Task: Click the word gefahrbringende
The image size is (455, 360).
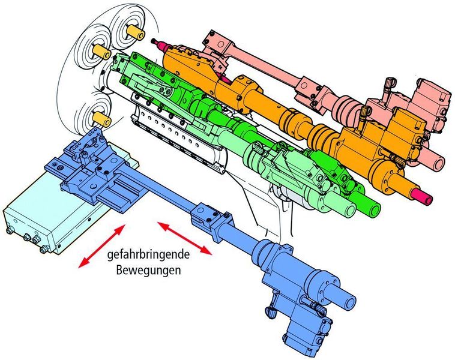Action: coord(149,255)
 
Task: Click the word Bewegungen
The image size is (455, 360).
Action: coord(149,270)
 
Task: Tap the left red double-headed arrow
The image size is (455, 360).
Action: coord(102,246)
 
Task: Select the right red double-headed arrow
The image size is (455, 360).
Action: coord(184,238)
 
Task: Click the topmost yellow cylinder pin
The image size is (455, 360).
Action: coord(136,32)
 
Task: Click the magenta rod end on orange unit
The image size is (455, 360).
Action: coord(423,196)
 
